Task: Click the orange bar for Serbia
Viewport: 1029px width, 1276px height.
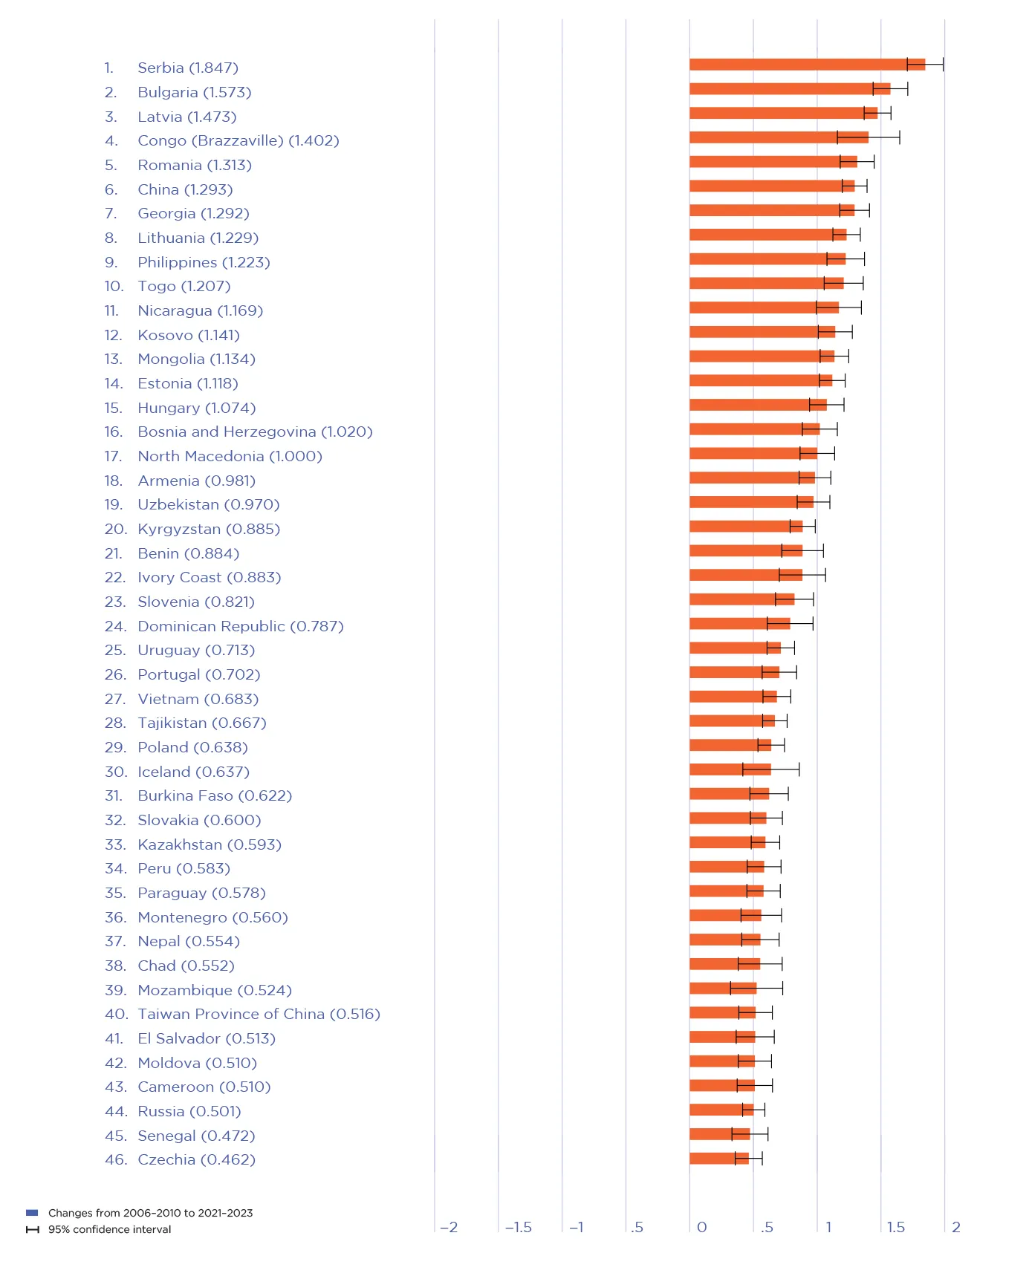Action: point(806,65)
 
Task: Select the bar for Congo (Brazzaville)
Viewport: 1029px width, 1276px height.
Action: point(778,137)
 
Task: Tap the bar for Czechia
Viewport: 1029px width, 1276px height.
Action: point(718,1158)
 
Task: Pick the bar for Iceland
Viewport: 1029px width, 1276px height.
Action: point(730,769)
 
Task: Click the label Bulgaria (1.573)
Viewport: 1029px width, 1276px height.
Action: point(194,92)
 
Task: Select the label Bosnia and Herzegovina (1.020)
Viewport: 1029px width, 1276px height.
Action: point(255,432)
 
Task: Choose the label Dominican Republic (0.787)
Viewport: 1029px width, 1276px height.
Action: point(240,626)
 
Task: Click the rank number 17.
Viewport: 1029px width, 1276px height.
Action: point(113,456)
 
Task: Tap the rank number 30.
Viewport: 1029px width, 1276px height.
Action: point(114,772)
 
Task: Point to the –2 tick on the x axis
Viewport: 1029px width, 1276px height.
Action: point(448,1227)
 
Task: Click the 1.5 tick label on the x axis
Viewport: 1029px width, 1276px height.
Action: point(895,1227)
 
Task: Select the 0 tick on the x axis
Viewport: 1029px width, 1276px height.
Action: point(701,1227)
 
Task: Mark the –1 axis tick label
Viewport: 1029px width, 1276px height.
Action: point(576,1227)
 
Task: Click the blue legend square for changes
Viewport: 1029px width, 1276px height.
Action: point(32,1213)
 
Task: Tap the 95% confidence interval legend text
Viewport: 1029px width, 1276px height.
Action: point(109,1229)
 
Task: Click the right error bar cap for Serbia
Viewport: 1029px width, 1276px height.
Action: point(943,65)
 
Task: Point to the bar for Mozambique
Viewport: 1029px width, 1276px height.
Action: point(722,988)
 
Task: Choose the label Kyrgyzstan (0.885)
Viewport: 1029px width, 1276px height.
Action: point(208,529)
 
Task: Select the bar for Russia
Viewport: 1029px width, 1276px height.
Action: point(721,1110)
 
